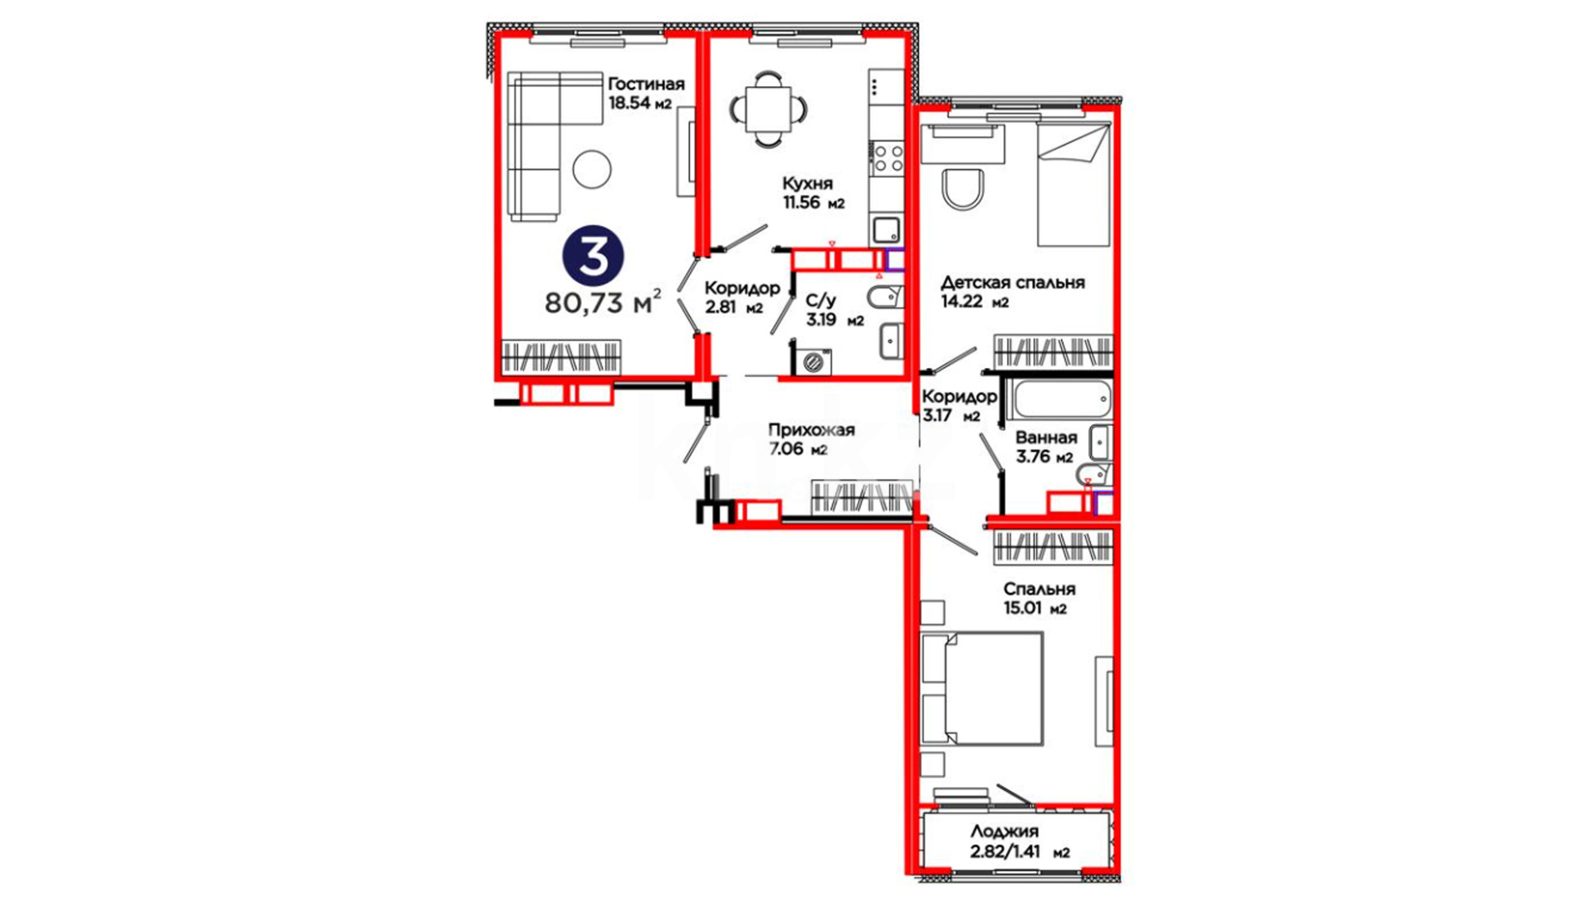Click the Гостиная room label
[646, 84]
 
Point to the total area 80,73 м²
[604, 301]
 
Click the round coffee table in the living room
[592, 169]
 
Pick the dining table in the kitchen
[768, 109]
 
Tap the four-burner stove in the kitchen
[887, 159]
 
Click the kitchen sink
[886, 229]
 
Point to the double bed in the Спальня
[983, 689]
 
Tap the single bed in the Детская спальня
[1074, 184]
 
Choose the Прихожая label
[811, 430]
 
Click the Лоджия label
[1005, 831]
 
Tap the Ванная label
[1046, 438]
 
